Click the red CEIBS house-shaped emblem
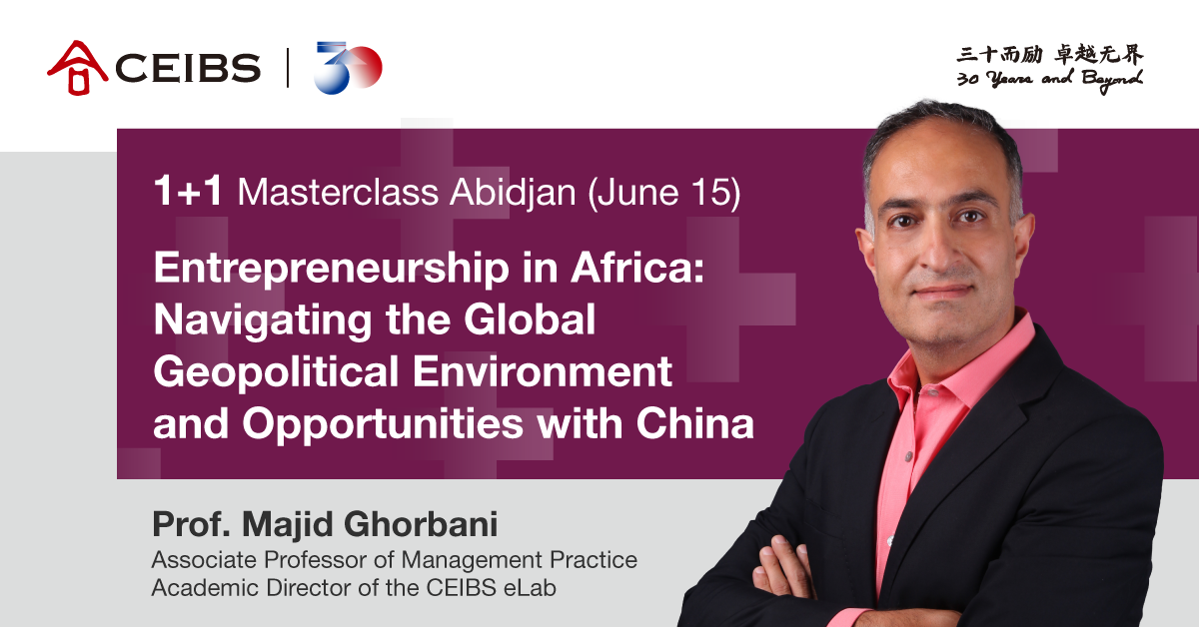tap(78, 68)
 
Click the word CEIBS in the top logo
tap(188, 68)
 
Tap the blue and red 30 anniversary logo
tap(348, 68)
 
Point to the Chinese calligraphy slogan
tap(1050, 55)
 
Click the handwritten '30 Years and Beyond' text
tap(1050, 80)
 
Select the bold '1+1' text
tap(188, 191)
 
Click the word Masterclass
tap(339, 192)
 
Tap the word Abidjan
tap(513, 193)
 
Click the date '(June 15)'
tap(664, 193)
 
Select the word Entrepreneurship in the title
tap(332, 269)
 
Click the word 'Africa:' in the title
tap(638, 267)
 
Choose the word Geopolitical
tap(276, 372)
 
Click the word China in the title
tap(694, 423)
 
